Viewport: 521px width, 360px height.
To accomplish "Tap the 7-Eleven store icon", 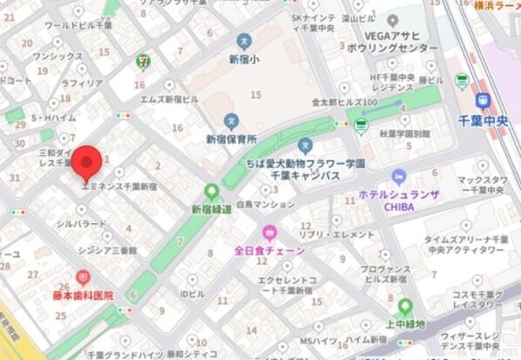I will coord(141,62).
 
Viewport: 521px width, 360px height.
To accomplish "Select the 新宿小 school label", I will coord(245,59).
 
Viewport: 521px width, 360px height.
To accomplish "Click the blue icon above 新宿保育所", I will coord(231,120).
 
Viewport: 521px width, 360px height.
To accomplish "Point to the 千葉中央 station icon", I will coord(484,100).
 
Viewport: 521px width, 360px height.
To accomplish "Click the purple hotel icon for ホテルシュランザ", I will coord(399,176).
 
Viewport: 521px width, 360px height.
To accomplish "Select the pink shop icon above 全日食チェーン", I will coord(269,232).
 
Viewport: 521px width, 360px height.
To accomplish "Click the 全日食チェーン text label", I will coord(270,250).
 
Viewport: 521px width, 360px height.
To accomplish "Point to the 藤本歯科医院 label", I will coord(83,296).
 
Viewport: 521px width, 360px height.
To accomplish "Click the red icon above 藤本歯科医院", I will coord(83,278).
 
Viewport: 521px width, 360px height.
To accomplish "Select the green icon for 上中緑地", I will coord(405,306).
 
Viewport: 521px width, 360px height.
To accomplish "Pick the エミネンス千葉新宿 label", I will coord(118,187).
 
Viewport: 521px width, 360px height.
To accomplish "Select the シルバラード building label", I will coord(82,224).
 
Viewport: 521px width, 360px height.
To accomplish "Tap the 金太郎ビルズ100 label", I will coord(344,102).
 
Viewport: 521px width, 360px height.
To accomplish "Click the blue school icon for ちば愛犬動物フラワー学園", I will coord(305,145).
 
